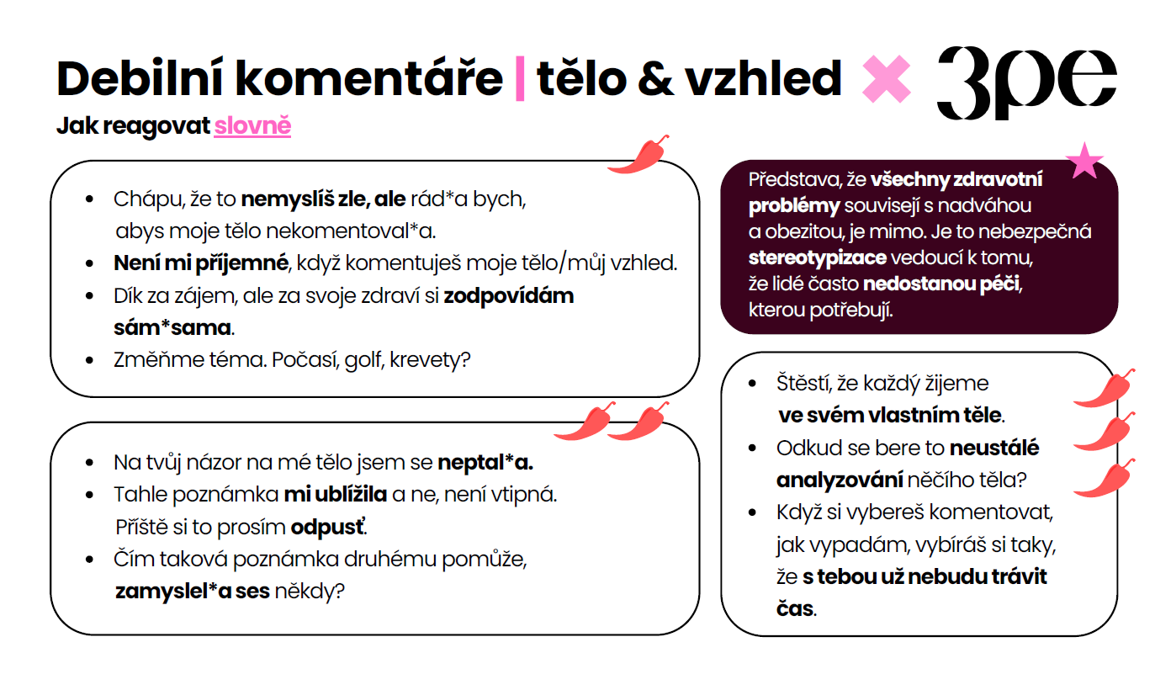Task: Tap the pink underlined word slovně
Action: (x=252, y=126)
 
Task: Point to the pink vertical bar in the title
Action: (x=519, y=78)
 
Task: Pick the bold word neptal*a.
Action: (x=485, y=463)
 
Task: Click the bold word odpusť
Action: (x=329, y=528)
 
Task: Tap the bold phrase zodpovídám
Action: (x=509, y=296)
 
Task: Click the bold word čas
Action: (x=795, y=608)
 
